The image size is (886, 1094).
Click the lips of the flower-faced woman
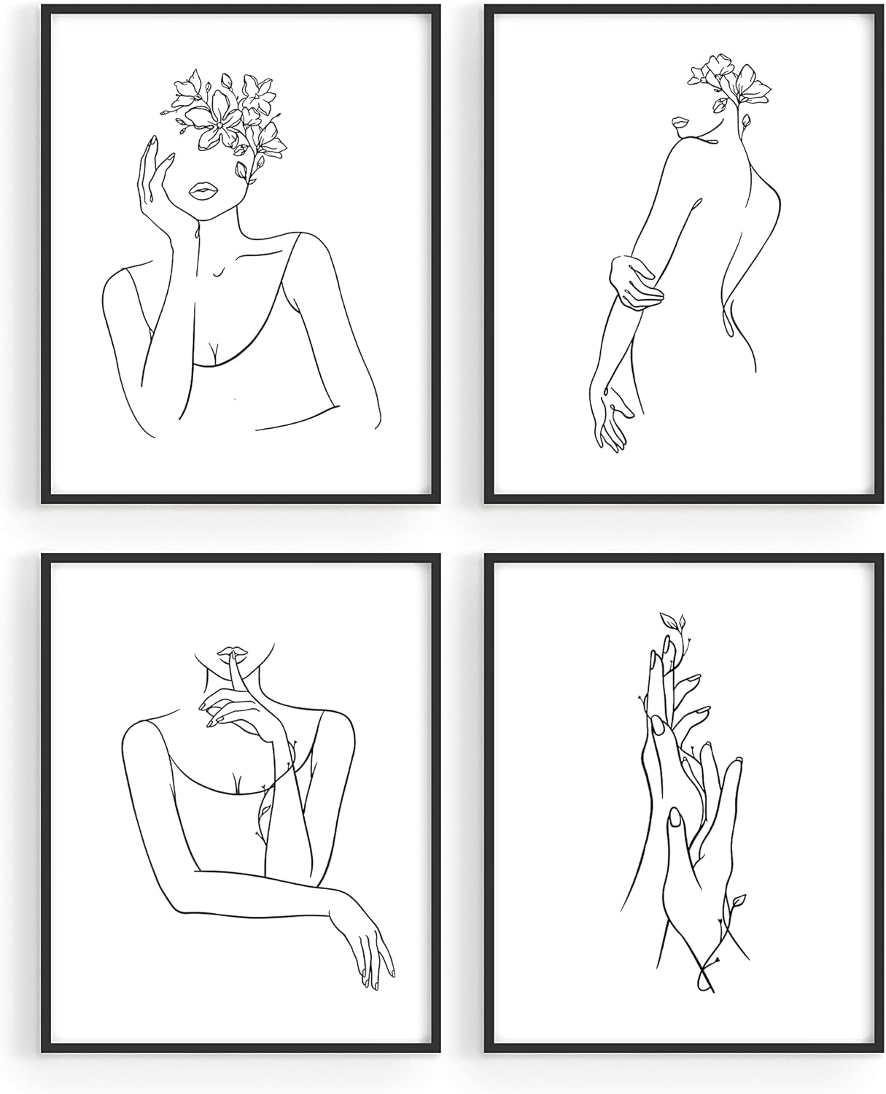pos(201,192)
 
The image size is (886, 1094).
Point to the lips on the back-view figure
pos(680,123)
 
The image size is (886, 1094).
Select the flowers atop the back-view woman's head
pos(729,79)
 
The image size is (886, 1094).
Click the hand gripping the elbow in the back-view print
pos(636,286)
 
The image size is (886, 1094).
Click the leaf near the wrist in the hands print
pos(738,901)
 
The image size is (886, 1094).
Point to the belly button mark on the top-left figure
pos(233,398)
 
